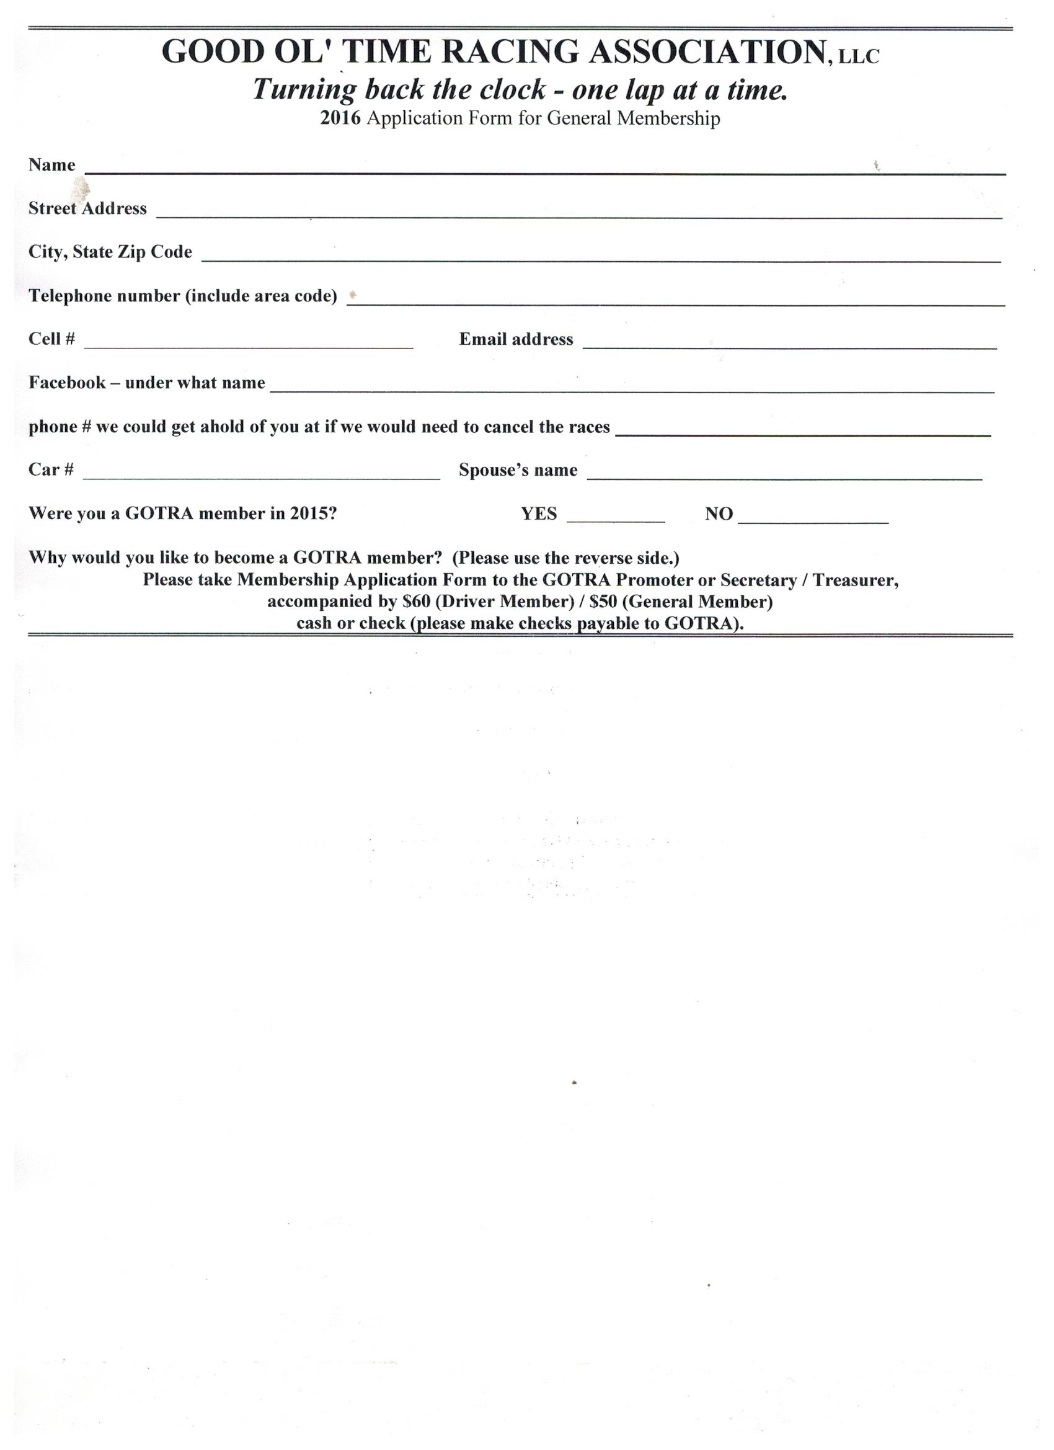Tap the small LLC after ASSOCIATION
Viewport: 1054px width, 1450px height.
click(x=859, y=57)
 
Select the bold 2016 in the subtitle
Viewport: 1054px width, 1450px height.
click(x=340, y=119)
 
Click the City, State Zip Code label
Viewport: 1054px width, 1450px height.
click(x=110, y=252)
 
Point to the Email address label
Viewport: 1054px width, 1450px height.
click(x=516, y=339)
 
